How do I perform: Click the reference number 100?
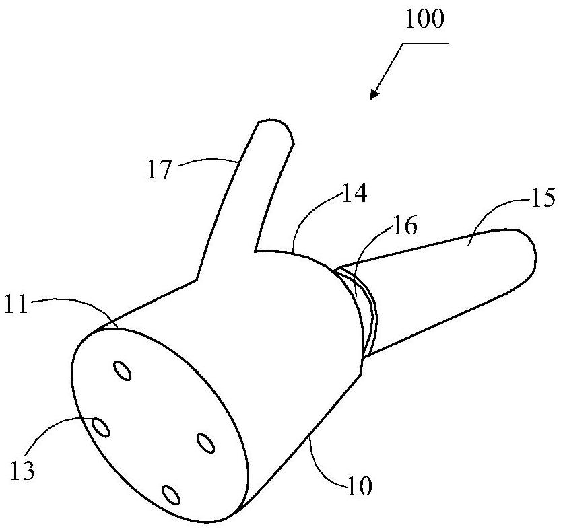(x=424, y=20)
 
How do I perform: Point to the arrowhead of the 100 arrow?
(x=372, y=96)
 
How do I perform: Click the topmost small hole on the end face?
(x=123, y=370)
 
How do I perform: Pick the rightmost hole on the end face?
(x=205, y=442)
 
